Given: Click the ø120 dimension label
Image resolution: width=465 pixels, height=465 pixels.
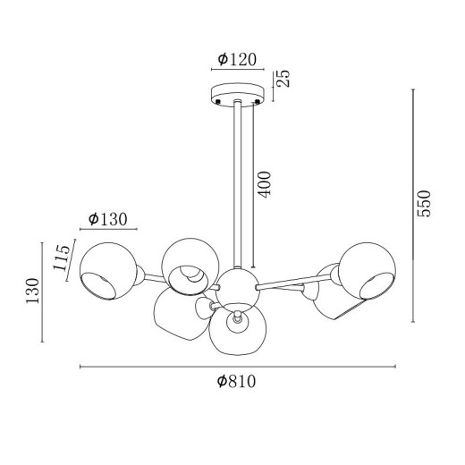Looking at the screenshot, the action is coord(237,59).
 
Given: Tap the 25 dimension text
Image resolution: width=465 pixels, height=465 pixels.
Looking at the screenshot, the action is coord(283,79).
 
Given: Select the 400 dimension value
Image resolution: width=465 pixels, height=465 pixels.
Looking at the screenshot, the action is coord(265,184).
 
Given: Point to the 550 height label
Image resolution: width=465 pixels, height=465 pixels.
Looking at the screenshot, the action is coord(424,204).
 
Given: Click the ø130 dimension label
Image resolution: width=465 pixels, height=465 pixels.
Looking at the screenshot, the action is coord(108,219).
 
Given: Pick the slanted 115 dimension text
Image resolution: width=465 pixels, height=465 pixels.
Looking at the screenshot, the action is coord(62,258).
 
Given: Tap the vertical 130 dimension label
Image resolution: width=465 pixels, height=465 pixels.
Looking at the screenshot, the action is coord(32,291).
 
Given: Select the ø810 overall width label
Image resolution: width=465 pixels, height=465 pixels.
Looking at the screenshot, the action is coord(236,381).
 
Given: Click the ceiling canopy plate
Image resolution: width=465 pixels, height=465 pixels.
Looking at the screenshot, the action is coord(238,94).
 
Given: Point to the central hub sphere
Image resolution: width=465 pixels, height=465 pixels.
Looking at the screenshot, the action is coord(238,287).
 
